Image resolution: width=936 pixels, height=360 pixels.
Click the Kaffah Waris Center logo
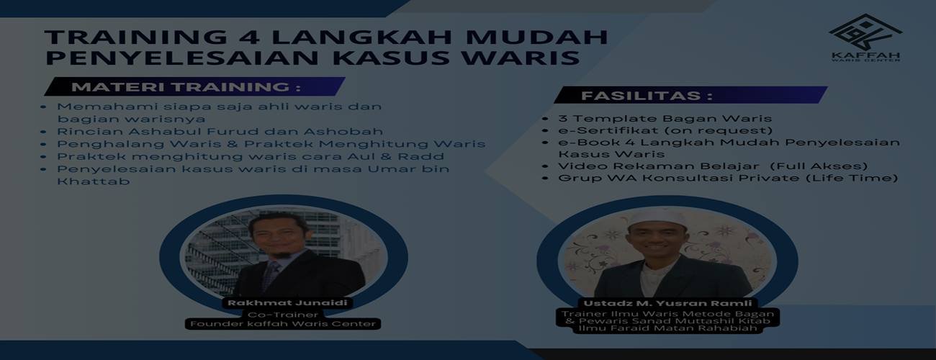[865, 37]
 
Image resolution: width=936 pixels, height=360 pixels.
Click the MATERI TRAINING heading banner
[194, 86]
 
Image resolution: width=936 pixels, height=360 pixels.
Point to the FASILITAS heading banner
[690, 95]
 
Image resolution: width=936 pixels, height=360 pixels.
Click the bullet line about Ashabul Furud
[220, 131]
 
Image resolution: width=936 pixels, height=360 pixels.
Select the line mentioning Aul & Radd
[251, 156]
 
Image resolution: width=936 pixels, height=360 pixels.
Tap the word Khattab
[93, 181]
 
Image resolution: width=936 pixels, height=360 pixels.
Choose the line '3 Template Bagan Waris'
[665, 119]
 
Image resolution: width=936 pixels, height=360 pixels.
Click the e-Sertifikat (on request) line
[665, 130]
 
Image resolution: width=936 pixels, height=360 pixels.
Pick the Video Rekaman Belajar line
[713, 166]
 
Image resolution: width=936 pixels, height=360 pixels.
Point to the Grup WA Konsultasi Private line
[728, 178]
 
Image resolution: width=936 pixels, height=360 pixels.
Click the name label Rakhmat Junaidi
[287, 303]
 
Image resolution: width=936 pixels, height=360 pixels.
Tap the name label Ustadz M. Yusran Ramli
[667, 303]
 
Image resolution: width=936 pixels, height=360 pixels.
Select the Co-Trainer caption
[283, 315]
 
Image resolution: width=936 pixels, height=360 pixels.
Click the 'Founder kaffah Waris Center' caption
[283, 324]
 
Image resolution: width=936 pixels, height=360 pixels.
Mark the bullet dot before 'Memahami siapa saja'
[43, 107]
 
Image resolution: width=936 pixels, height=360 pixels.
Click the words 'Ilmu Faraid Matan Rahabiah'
[667, 328]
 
